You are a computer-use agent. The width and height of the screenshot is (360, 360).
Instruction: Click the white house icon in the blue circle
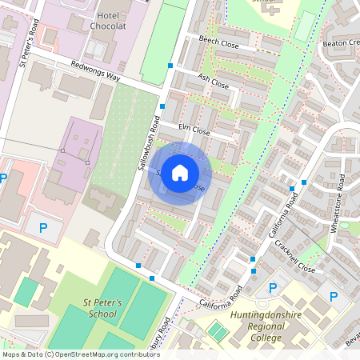pos(180,173)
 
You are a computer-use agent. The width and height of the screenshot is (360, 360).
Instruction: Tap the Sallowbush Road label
pos(143,139)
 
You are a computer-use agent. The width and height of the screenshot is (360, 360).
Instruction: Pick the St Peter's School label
pos(102,308)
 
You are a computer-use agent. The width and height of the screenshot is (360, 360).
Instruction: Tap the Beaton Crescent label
pos(340,42)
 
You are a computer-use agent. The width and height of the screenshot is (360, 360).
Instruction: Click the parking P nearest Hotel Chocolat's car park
pos(3,178)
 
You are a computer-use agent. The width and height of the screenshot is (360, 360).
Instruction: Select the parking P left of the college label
pos(272,287)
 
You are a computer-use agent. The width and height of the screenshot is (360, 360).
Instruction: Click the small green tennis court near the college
pos(217,330)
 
